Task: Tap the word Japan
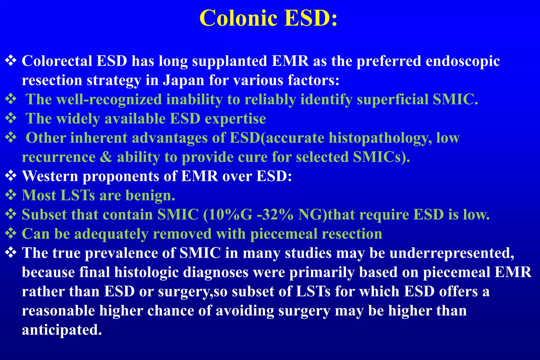184,80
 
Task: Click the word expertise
235,119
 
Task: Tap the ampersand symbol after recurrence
106,157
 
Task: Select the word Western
50,176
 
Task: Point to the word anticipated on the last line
62,330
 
